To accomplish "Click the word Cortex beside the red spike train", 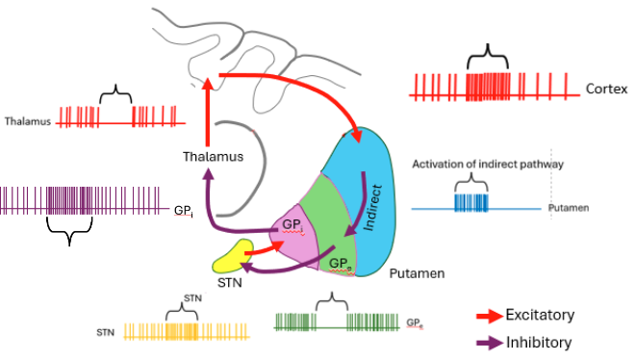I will pos(606,89).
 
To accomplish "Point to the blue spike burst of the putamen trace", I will pos(471,202).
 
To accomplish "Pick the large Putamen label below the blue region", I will pos(417,274).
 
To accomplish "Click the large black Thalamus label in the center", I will pos(211,155).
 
